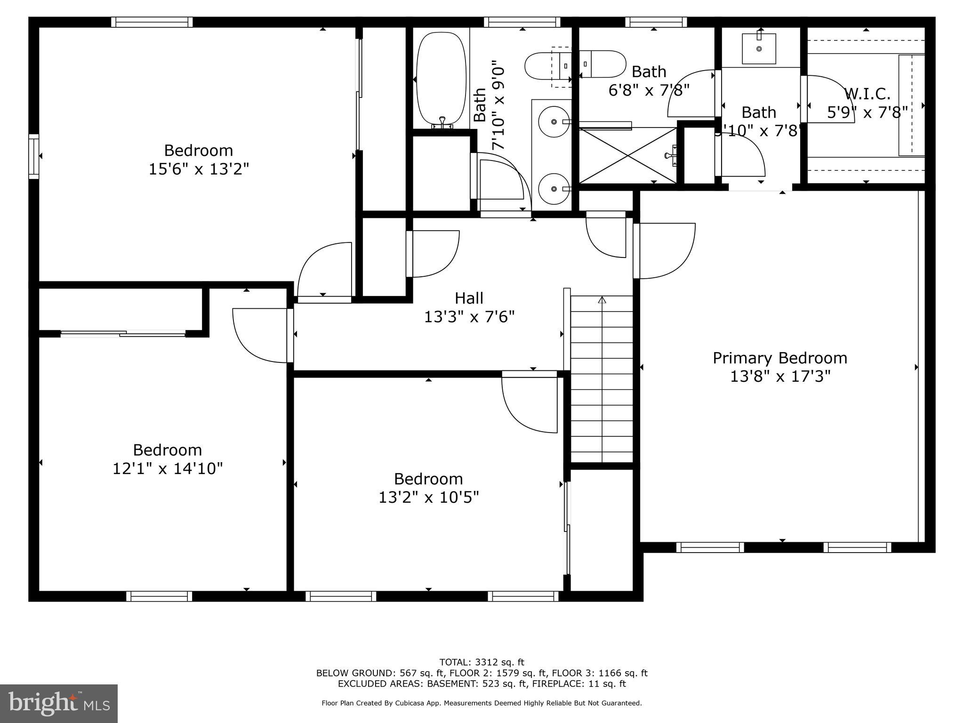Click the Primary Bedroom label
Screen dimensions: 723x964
click(779, 358)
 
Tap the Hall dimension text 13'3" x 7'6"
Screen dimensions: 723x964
click(469, 317)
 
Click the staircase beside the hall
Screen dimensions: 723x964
click(602, 379)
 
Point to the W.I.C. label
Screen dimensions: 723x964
click(867, 94)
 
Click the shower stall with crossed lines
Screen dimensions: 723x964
click(627, 155)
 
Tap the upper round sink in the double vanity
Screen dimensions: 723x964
click(554, 122)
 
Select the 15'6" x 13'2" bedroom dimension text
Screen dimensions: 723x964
click(199, 169)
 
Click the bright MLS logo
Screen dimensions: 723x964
click(59, 704)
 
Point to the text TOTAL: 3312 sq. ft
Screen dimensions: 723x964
click(481, 662)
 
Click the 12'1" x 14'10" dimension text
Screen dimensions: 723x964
click(167, 469)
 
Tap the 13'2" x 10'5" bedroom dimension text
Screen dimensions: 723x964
click(428, 498)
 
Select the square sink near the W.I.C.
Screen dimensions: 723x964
click(759, 48)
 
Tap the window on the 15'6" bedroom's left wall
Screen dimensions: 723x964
click(34, 156)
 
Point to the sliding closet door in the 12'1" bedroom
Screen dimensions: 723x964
click(123, 334)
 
